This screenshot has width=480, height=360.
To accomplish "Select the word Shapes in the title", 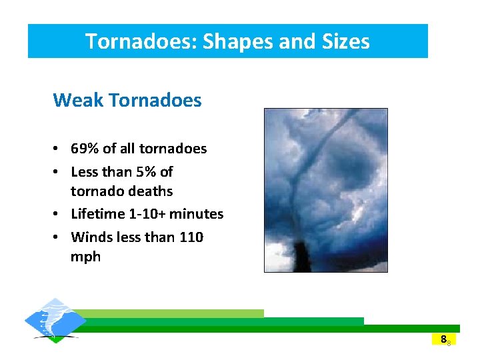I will pyautogui.click(x=233, y=41).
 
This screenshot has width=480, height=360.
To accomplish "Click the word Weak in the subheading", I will pyautogui.click(x=77, y=101).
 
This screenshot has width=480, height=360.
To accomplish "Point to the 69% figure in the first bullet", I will pyautogui.click(x=85, y=149).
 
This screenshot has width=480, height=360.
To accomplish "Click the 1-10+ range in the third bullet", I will pyautogui.click(x=150, y=214).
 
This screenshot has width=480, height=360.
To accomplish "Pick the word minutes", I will pyautogui.click(x=198, y=214).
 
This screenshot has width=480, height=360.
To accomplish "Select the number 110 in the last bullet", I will pyautogui.click(x=191, y=237).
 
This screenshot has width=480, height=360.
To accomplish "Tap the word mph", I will pyautogui.click(x=85, y=257).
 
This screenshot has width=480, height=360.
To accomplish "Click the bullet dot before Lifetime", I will pyautogui.click(x=59, y=215).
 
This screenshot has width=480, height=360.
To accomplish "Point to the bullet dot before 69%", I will pyautogui.click(x=59, y=149).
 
